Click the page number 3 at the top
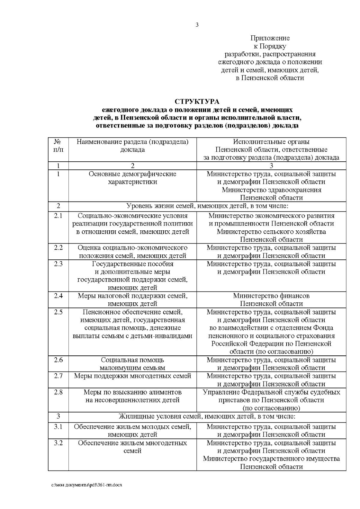197,25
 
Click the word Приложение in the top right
270,38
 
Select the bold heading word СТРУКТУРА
197,101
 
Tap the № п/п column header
58,145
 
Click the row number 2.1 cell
58,216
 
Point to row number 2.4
58,296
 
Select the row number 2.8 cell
58,392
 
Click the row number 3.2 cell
58,443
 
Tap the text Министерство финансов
271,296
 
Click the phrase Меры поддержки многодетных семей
133,376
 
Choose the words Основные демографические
133,174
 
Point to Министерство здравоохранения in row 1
271,190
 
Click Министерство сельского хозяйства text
271,232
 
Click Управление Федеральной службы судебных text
271,392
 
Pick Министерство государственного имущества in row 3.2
271,459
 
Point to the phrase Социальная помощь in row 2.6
133,360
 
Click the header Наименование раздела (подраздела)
133,142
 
